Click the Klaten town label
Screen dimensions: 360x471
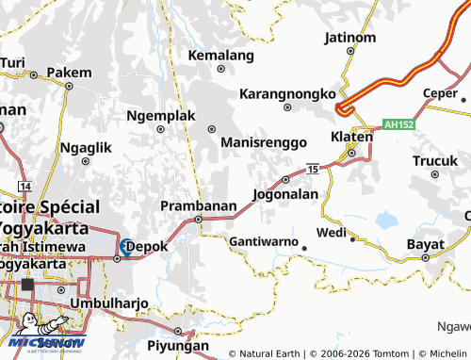350,137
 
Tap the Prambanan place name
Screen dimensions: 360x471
198,205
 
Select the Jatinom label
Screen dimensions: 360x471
349,39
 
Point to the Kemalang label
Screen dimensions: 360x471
221,56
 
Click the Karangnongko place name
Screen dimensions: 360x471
287,94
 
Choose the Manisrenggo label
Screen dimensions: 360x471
264,142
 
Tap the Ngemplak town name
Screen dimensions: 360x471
160,116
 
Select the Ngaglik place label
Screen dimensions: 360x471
85,148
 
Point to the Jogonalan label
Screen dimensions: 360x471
285,194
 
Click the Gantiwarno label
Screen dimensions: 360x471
263,240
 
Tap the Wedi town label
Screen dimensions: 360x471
332,232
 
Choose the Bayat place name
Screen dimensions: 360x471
425,244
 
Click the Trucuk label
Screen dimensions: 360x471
434,161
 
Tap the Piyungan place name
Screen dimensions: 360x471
178,346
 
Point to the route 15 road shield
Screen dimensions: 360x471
313,169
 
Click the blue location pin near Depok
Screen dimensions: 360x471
125,247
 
